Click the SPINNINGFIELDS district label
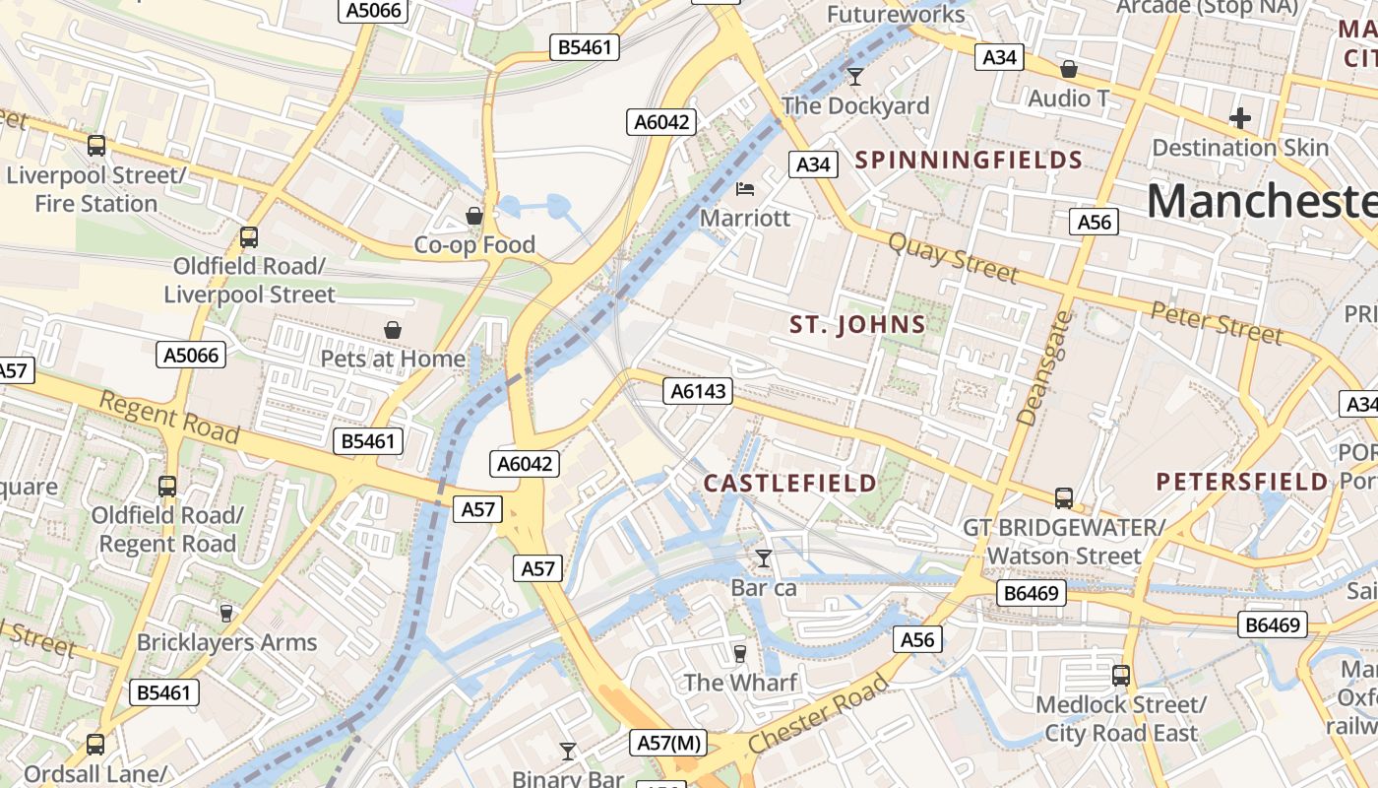click(969, 160)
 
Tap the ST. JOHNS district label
click(858, 325)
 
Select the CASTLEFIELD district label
click(789, 483)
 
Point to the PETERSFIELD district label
click(1242, 482)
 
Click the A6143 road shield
click(698, 391)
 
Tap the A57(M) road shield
click(669, 743)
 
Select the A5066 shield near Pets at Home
click(191, 355)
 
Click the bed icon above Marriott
click(745, 188)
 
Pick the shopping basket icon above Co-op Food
click(474, 215)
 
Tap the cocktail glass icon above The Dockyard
click(854, 76)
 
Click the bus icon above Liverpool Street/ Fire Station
click(95, 146)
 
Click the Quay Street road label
click(952, 257)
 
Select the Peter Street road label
click(1217, 324)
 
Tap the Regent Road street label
click(169, 417)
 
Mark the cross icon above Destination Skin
click(1240, 118)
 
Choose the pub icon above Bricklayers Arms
click(226, 614)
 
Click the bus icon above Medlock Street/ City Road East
click(1120, 676)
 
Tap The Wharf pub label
click(740, 682)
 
